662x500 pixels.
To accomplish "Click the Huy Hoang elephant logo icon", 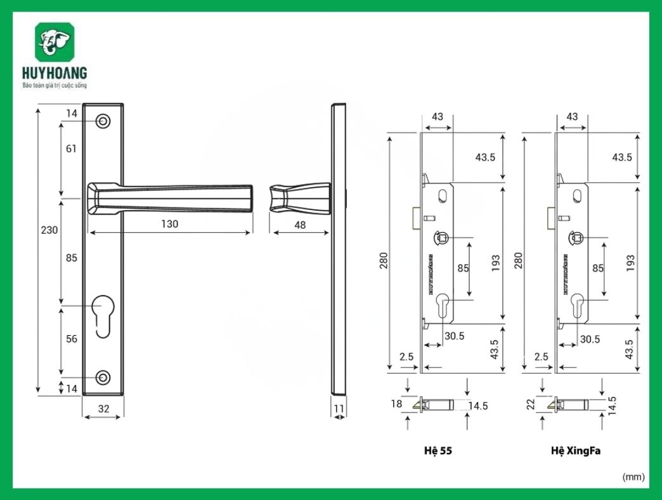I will (x=55, y=43).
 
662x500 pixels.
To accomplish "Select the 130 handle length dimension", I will (x=169, y=224).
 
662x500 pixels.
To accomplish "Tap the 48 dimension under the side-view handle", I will (x=300, y=225).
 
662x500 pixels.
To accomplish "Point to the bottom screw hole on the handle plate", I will (x=103, y=378).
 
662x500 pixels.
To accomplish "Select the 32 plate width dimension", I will (x=103, y=409).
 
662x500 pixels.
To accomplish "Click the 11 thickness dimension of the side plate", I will (x=339, y=409).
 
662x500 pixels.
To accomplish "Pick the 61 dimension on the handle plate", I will (x=71, y=149).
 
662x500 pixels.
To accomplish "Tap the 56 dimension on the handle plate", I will (x=72, y=339).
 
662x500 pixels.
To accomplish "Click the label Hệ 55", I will (x=438, y=451).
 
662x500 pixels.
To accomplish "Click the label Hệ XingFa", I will (x=576, y=451).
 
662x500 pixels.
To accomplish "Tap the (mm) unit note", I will (x=633, y=476).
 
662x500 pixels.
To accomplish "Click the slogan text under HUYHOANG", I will (x=54, y=85).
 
